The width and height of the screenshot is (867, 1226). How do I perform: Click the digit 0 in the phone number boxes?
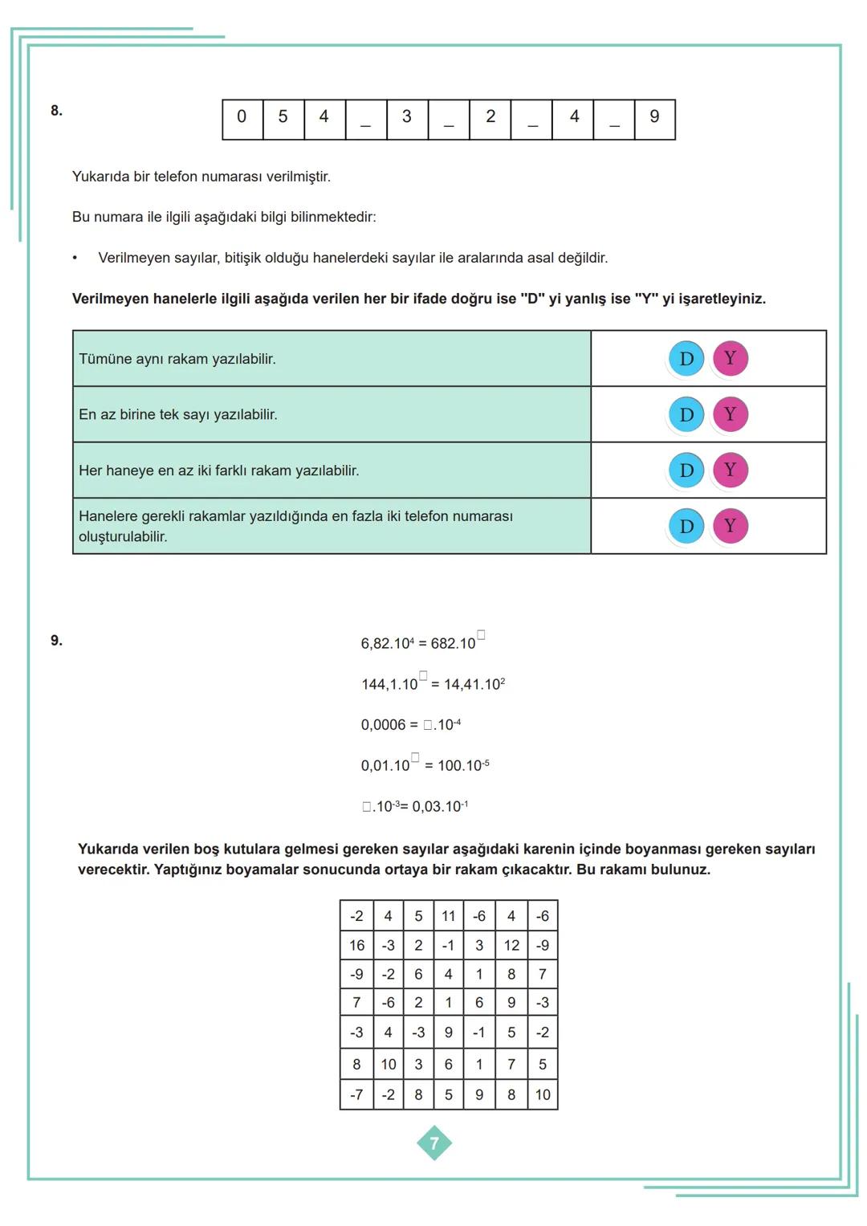pyautogui.click(x=242, y=117)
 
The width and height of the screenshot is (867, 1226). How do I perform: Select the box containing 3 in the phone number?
pyautogui.click(x=406, y=117)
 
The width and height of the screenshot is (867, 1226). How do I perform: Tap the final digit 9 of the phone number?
pyautogui.click(x=654, y=117)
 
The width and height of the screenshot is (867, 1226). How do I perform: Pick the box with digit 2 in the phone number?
pyautogui.click(x=490, y=117)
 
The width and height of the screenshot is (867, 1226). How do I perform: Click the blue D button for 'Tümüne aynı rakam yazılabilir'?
pyautogui.click(x=686, y=359)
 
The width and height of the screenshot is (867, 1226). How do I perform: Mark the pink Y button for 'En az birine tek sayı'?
pyautogui.click(x=730, y=414)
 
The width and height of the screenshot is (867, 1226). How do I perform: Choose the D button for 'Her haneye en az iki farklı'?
pyautogui.click(x=686, y=470)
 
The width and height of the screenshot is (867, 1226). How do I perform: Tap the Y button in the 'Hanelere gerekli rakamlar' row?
pyautogui.click(x=730, y=526)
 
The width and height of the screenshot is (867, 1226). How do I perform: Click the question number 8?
pyautogui.click(x=56, y=111)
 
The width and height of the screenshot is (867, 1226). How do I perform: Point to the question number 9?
pyautogui.click(x=56, y=641)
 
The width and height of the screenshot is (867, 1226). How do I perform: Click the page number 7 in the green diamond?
pyautogui.click(x=434, y=1143)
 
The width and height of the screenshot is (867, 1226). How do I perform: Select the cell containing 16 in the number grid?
pyautogui.click(x=356, y=946)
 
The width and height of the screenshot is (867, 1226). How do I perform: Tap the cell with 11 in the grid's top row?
pyautogui.click(x=448, y=916)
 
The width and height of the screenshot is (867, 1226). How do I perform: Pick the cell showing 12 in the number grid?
pyautogui.click(x=511, y=946)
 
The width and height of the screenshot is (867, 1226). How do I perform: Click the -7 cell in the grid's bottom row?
pyautogui.click(x=356, y=1094)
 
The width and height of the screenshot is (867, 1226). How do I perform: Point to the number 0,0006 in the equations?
pyautogui.click(x=383, y=725)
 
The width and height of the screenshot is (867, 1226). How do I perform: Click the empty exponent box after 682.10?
pyautogui.click(x=481, y=636)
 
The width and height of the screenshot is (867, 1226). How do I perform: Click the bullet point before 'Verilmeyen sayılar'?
pyautogui.click(x=75, y=259)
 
